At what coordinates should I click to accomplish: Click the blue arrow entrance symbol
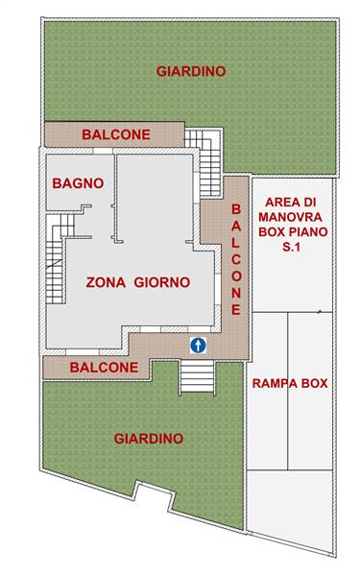click(199, 346)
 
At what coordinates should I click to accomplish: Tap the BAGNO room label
click(78, 183)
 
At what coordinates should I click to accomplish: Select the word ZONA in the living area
click(106, 282)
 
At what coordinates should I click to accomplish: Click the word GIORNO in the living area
click(162, 282)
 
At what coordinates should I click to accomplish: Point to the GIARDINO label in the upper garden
click(191, 71)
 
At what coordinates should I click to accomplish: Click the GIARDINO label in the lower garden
click(149, 439)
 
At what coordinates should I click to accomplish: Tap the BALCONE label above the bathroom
click(116, 134)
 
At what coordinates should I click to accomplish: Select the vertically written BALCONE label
click(236, 260)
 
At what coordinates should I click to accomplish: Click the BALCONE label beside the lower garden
click(104, 368)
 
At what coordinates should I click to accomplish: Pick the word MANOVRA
click(290, 217)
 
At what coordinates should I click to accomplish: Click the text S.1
click(291, 247)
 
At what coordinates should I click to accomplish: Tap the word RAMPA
click(275, 383)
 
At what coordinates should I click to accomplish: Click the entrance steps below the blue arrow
click(197, 377)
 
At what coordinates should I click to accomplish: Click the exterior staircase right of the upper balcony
click(204, 161)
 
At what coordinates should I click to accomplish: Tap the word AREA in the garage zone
click(280, 203)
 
